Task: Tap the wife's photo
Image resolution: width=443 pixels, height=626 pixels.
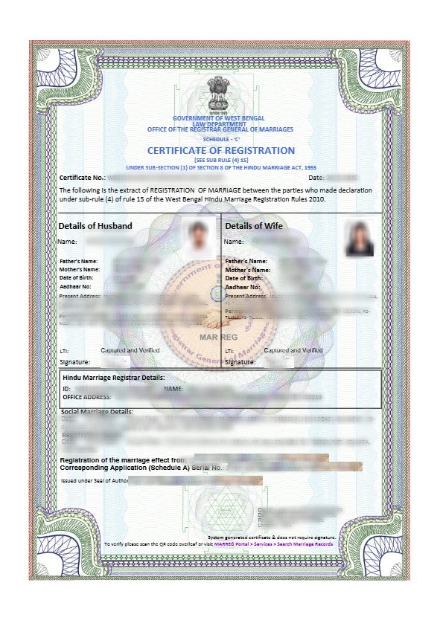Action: (359, 238)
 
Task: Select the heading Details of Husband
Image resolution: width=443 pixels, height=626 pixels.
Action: (95, 226)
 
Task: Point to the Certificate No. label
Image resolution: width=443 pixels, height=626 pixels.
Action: (82, 178)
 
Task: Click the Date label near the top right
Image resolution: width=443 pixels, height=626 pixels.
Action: (316, 178)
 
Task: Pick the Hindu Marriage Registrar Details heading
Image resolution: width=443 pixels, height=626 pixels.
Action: (114, 378)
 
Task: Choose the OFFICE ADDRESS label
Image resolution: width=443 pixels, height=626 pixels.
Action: (87, 397)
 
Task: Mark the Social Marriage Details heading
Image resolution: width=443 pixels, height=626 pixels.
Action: (98, 411)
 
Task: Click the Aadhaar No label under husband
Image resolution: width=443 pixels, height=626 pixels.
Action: (75, 286)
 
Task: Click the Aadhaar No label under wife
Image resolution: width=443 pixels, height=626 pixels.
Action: (243, 286)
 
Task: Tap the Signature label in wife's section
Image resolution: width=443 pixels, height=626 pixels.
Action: (240, 361)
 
